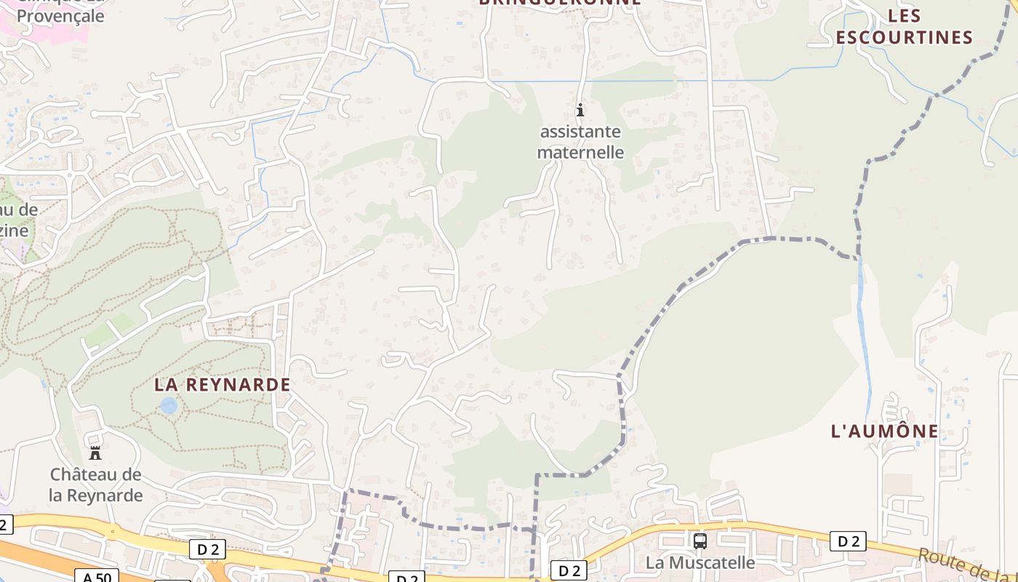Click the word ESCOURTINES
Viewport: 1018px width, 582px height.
pos(905,37)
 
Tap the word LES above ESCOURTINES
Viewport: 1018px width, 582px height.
pos(905,15)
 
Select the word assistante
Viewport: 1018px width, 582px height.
pos(580,132)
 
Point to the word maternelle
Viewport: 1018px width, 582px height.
pos(580,152)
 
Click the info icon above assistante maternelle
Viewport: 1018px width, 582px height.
pos(580,111)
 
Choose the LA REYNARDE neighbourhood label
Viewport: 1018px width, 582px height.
pos(223,384)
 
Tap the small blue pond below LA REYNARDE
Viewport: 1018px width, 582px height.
pos(169,406)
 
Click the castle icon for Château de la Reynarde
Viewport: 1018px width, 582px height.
pos(95,453)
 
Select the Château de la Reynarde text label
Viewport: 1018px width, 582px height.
pos(96,485)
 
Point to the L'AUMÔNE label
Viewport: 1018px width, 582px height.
pos(885,431)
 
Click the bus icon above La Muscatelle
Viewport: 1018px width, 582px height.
pos(700,541)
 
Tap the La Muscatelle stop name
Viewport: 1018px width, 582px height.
pos(700,562)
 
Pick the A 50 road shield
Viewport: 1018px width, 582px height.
pos(96,577)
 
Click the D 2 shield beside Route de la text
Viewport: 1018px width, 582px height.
pos(848,541)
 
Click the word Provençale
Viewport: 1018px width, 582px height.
pos(60,16)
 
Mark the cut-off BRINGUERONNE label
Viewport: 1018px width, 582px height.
pos(560,3)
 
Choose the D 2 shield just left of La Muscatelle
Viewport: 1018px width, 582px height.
pos(569,570)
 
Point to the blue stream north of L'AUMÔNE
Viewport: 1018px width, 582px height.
pos(864,327)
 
